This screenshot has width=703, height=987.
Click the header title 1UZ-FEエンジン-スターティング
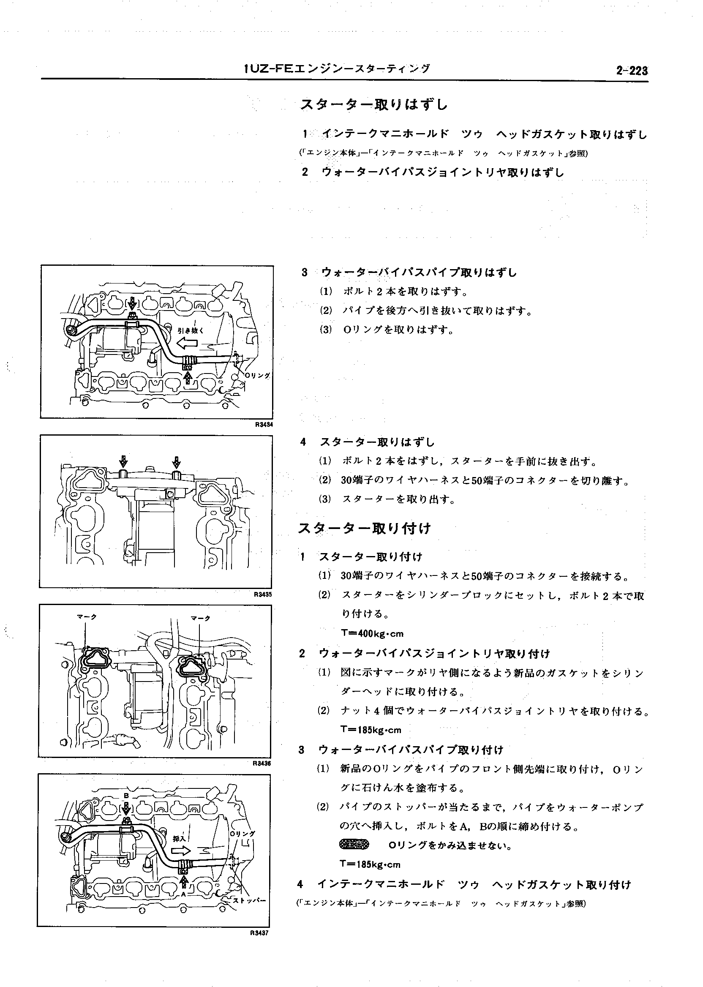337,69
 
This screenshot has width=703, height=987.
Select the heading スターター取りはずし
374,104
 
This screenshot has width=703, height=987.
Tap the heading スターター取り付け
365,529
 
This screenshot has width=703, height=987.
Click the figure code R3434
264,425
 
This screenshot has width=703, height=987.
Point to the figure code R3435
263,594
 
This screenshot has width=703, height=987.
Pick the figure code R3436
262,763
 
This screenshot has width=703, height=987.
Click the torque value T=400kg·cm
372,634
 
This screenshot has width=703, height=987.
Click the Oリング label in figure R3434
258,376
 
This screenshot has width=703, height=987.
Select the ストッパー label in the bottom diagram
249,900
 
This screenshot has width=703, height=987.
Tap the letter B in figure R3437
126,796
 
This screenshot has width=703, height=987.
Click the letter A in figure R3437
183,893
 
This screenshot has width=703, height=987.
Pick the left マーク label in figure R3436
87,617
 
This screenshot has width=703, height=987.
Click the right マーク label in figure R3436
200,618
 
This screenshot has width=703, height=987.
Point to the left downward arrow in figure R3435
123,460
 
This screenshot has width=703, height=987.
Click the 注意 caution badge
354,845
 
